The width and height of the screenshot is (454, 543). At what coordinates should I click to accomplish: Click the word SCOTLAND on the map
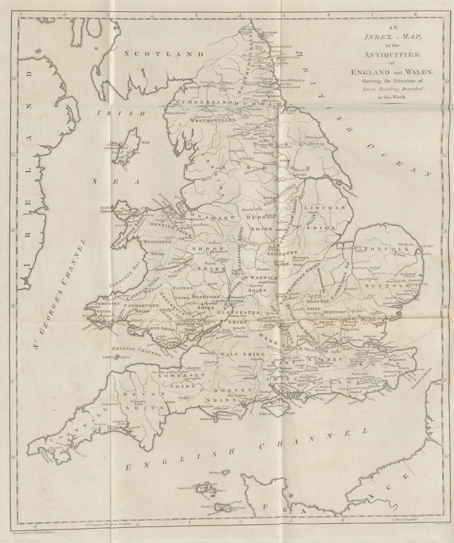(164, 54)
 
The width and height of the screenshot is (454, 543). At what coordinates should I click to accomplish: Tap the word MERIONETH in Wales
(156, 242)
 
